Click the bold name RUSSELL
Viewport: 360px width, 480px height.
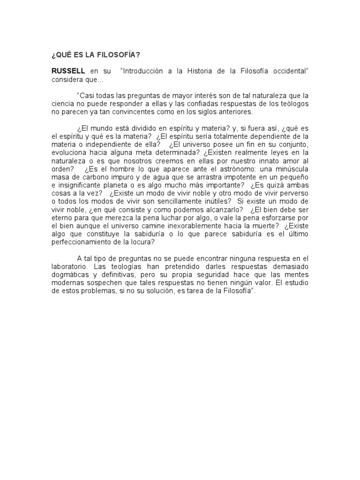tap(68, 71)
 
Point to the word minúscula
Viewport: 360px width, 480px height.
tap(292, 169)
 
